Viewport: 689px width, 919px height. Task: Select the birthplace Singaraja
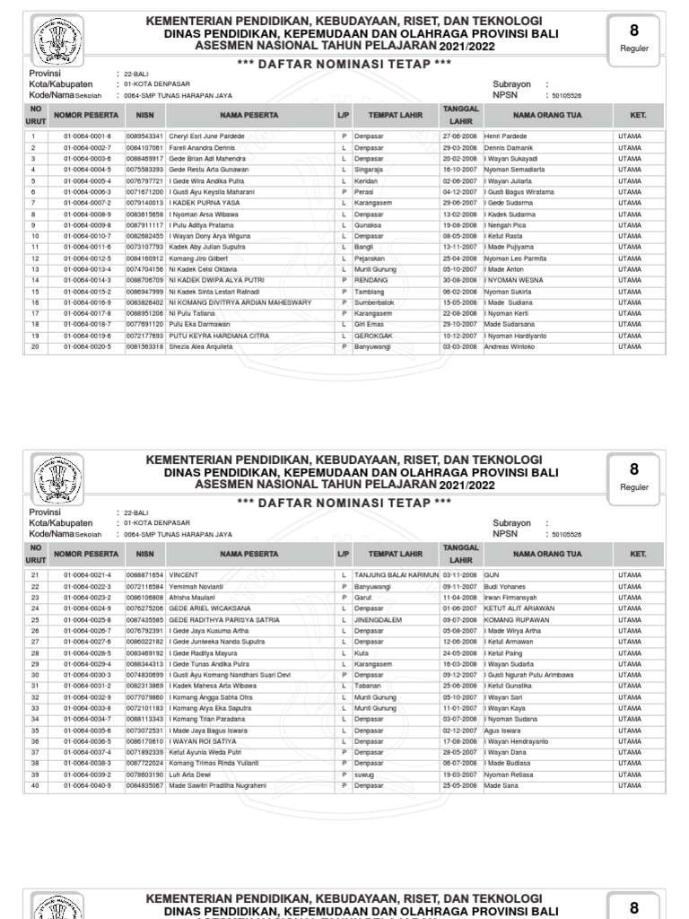click(369, 169)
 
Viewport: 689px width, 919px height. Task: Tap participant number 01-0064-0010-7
click(87, 235)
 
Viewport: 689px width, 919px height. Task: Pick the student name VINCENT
click(183, 573)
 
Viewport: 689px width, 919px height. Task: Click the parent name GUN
click(491, 573)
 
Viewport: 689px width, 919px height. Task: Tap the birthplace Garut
click(362, 596)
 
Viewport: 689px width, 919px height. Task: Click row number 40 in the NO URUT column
click(35, 785)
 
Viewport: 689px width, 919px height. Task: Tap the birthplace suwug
click(364, 774)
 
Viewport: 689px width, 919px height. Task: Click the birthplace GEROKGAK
click(372, 335)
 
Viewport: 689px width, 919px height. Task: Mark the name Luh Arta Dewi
click(190, 774)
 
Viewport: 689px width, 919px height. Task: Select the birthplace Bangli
click(363, 246)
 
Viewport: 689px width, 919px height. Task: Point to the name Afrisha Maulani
click(193, 596)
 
